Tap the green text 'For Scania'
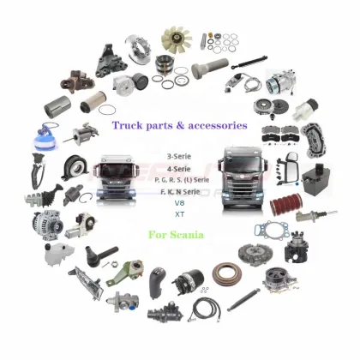click(x=175, y=234)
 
